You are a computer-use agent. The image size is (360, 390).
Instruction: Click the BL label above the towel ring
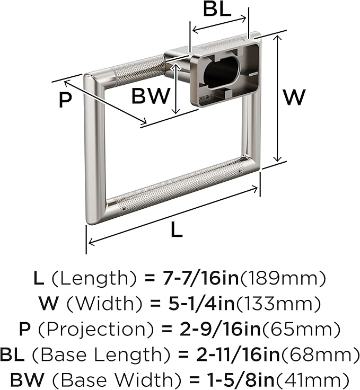(217, 9)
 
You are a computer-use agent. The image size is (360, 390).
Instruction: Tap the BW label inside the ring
(151, 96)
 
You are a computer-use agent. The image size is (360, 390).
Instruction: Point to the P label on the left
(65, 100)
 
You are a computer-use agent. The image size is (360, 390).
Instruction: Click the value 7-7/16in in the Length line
(200, 278)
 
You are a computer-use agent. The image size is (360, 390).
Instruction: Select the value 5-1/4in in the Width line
(201, 304)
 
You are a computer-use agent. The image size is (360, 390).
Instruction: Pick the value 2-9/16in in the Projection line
(220, 329)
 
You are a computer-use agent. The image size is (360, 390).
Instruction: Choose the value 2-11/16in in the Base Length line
(238, 354)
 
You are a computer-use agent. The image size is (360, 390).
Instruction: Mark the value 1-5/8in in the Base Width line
(240, 380)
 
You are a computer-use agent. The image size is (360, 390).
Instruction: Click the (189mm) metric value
(283, 278)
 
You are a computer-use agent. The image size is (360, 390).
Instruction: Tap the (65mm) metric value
(301, 329)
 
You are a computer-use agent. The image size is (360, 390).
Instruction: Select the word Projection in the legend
(96, 329)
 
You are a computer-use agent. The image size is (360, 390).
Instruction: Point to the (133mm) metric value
(278, 304)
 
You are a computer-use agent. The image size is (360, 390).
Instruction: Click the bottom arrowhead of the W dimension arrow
(277, 158)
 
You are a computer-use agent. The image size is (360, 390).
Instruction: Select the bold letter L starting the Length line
(39, 278)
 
